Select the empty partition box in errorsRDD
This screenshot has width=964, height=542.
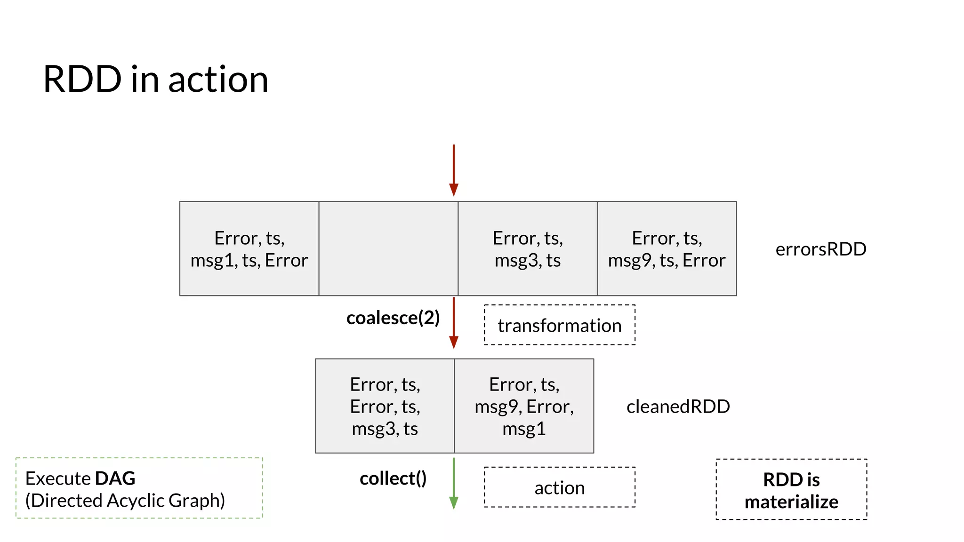point(388,248)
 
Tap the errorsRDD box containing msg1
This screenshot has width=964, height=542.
point(249,248)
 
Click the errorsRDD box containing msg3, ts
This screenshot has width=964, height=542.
point(527,248)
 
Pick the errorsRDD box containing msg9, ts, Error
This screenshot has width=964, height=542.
point(667,248)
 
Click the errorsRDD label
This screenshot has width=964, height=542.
point(820,249)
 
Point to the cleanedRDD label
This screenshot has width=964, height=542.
point(678,406)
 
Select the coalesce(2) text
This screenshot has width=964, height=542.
point(393,318)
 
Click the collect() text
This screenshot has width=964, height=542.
point(393,478)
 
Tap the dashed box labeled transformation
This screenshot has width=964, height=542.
point(559,325)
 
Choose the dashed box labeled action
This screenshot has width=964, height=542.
point(559,487)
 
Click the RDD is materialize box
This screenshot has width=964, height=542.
point(791,490)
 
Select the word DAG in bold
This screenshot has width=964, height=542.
point(115,478)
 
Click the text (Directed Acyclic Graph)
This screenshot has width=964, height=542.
point(125,501)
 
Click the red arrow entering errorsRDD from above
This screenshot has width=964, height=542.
point(454,170)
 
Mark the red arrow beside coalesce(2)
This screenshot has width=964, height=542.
point(454,323)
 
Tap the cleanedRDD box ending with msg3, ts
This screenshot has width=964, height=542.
point(385,406)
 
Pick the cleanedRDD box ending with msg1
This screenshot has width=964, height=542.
point(524,406)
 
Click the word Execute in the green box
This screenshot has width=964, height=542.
point(57,478)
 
